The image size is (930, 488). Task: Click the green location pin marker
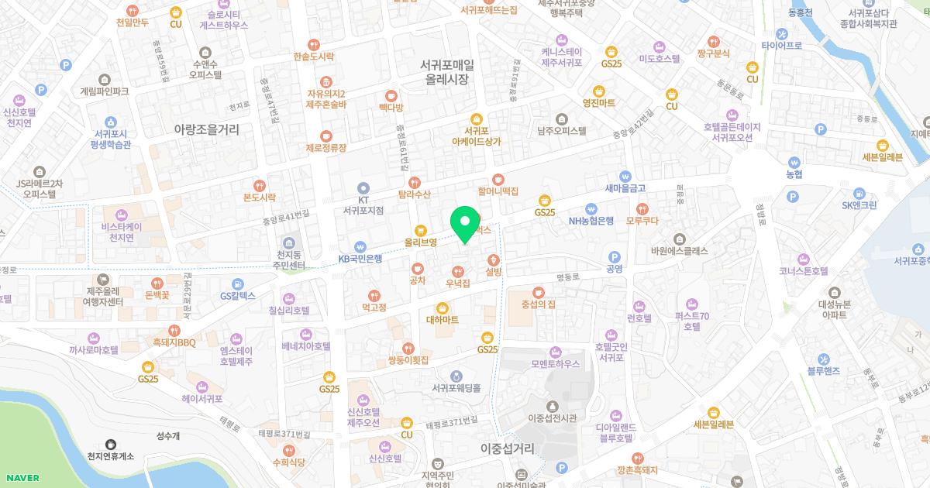click(465, 225)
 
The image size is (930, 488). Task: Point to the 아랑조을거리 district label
click(206, 129)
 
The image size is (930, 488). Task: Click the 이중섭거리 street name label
click(508, 448)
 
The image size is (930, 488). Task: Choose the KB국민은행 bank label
click(360, 259)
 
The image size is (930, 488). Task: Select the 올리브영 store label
click(421, 242)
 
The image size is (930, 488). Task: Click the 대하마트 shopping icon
click(443, 307)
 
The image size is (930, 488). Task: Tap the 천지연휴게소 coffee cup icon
click(111, 445)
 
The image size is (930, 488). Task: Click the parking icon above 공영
click(615, 256)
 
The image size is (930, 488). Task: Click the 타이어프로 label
click(781, 46)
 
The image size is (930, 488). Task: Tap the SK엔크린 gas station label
click(859, 205)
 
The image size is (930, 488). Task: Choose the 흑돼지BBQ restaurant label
click(174, 342)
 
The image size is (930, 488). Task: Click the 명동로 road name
click(568, 276)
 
